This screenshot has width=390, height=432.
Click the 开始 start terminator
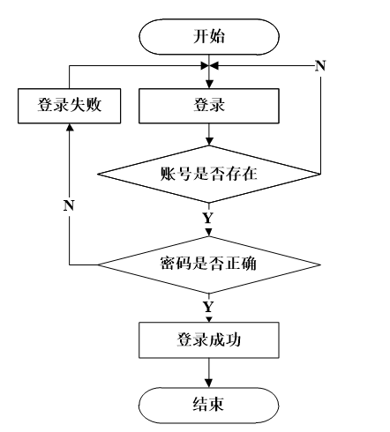(209, 37)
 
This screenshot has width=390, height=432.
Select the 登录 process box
(209, 106)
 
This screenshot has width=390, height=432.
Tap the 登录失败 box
(70, 106)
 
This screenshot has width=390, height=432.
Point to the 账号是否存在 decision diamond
(209, 174)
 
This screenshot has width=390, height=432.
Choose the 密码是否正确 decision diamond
(209, 264)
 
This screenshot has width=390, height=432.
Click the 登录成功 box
(209, 340)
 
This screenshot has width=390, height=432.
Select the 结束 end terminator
(209, 405)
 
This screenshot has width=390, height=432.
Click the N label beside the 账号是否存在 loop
(320, 65)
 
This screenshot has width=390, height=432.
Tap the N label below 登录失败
(69, 205)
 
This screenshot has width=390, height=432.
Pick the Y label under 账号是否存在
(208, 218)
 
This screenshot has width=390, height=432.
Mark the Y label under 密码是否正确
(208, 307)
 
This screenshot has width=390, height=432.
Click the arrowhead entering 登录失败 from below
(70, 127)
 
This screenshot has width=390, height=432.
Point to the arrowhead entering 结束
(208, 384)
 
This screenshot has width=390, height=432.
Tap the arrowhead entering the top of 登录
(209, 85)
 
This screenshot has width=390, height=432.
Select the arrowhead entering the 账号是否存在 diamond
(209, 142)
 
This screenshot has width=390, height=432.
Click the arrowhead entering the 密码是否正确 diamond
(209, 233)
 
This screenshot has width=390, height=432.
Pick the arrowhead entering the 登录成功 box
(209, 319)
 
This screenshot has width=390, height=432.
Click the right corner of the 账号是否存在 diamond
(320, 174)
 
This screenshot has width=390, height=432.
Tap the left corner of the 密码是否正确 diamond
(98, 264)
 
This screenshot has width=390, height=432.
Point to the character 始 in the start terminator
(217, 37)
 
